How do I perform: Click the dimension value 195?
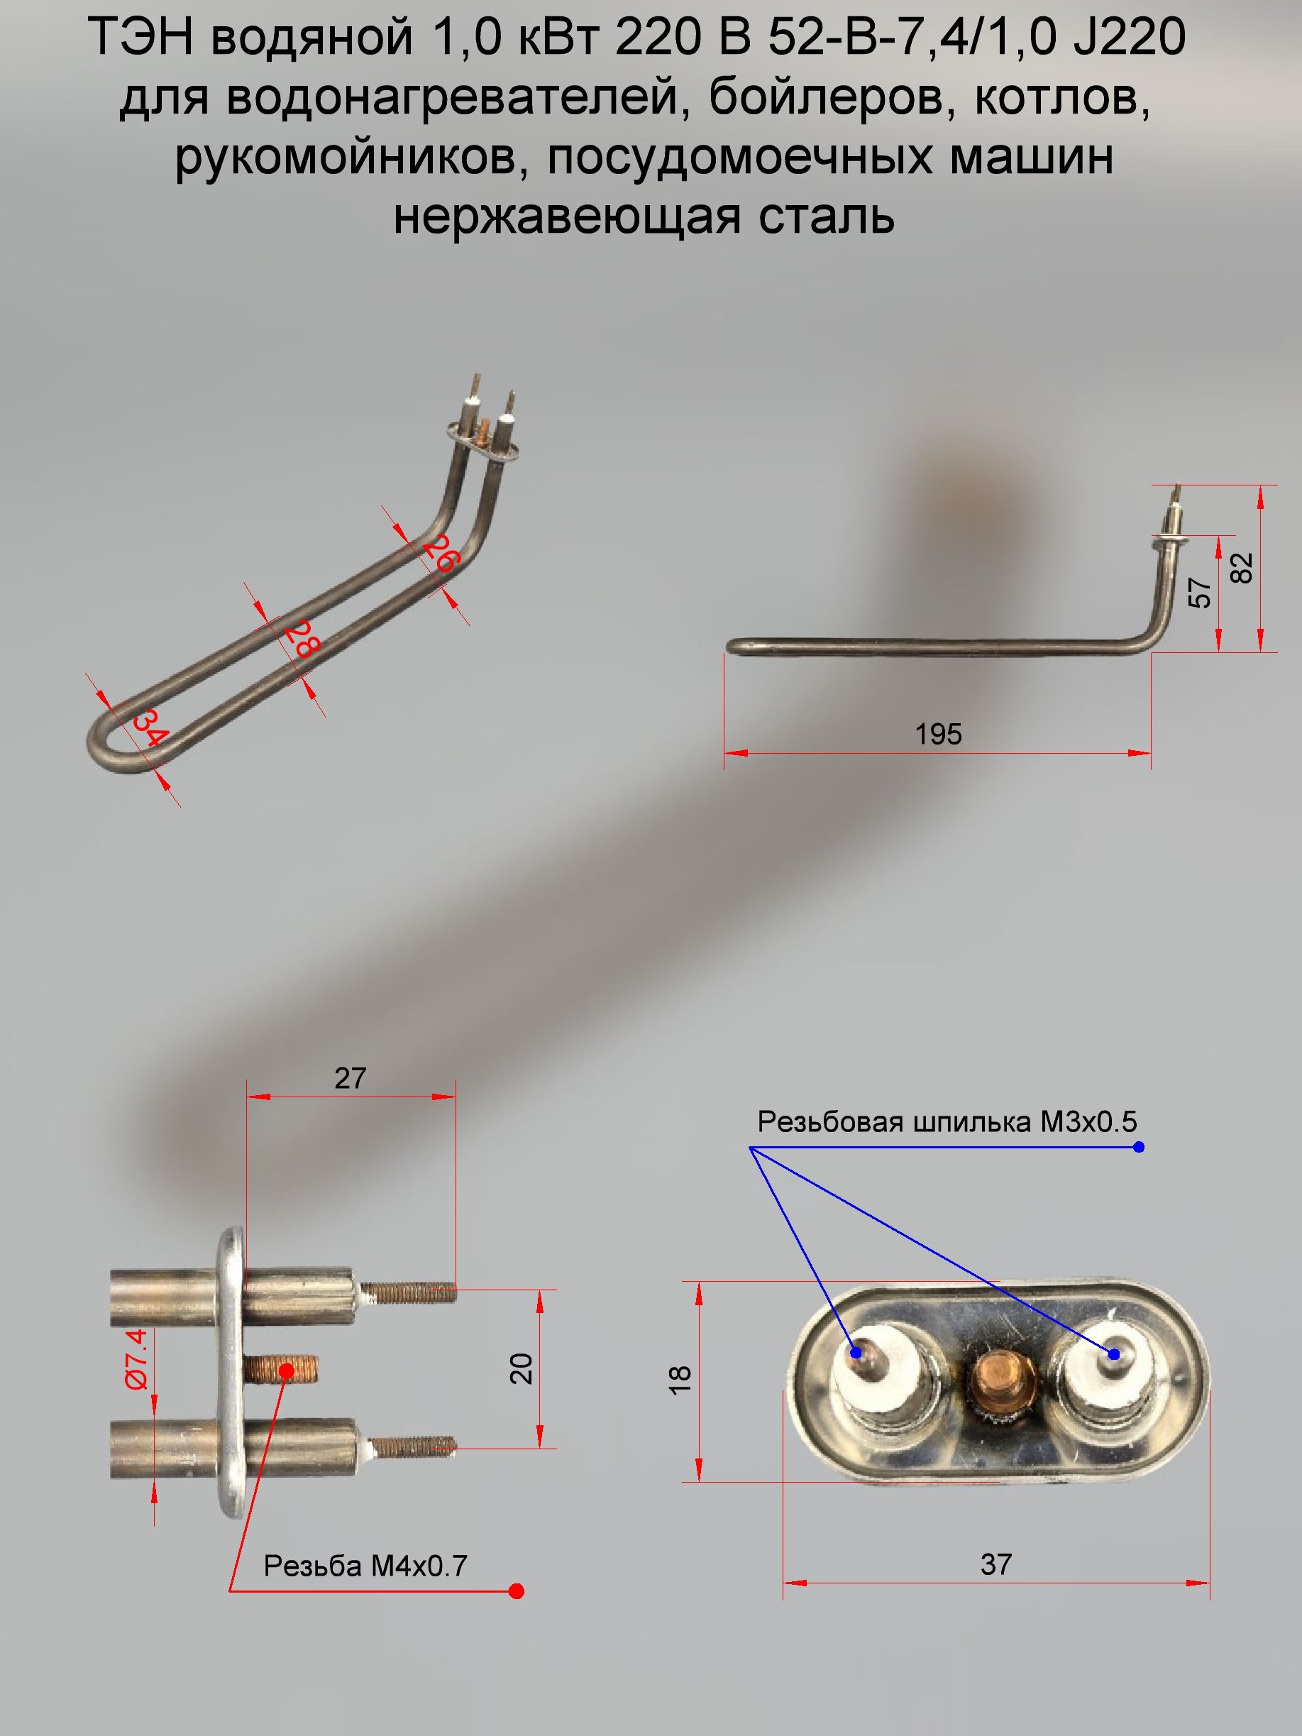(938, 734)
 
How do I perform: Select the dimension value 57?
(1200, 593)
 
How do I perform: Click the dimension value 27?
(350, 1078)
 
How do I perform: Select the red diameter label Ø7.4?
(136, 1360)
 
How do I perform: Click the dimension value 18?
(680, 1379)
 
